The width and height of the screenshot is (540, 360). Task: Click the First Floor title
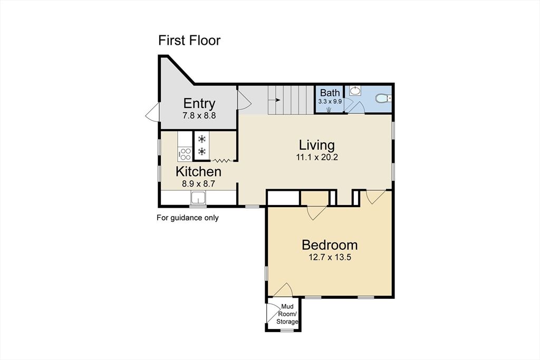tap(189, 41)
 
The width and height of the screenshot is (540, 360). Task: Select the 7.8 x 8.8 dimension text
tap(199, 115)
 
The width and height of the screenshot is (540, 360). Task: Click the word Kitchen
tap(198, 171)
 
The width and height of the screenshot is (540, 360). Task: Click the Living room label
tap(316, 144)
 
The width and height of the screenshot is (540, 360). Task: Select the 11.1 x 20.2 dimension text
tap(316, 157)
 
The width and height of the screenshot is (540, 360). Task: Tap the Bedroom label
tap(330, 245)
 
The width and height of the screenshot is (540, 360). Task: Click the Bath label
tap(330, 93)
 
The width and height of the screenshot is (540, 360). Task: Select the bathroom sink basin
tap(355, 91)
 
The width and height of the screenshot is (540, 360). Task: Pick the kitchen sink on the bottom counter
tap(199, 198)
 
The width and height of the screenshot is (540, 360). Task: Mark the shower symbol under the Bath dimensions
tap(329, 109)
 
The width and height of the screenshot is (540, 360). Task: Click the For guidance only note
tap(187, 218)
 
